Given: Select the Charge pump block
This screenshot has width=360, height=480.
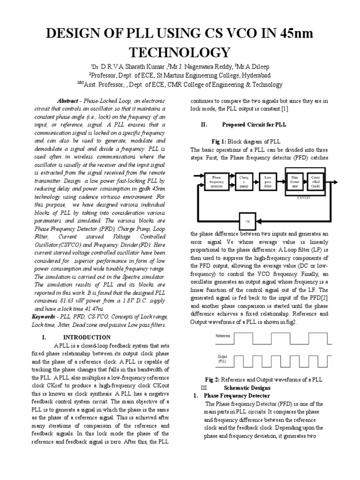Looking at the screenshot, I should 244,181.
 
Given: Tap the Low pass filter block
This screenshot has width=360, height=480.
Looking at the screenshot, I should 268,181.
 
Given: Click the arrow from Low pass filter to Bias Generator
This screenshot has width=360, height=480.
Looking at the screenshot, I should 281,182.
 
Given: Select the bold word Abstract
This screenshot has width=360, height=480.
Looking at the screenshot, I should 67,101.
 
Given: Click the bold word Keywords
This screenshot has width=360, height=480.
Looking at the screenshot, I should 43,317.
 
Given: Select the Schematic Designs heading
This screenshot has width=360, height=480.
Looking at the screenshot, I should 247,388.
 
